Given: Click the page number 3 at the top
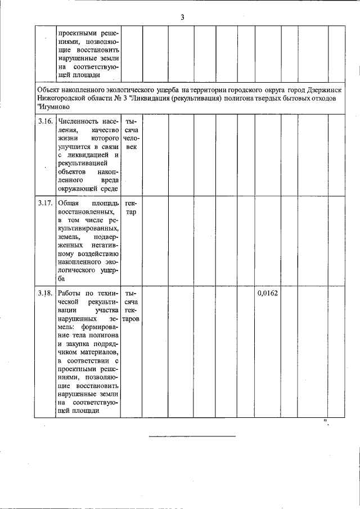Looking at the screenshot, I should (182, 16).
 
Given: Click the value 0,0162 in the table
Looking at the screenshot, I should (268, 293).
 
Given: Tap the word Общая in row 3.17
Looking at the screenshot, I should (69, 203).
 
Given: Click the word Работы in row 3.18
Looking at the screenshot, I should (70, 293).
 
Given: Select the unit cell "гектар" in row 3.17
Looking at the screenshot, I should (130, 208).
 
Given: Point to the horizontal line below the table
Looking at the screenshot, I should (192, 436).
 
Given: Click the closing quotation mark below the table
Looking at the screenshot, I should (325, 422).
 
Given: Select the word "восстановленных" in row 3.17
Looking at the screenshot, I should (84, 211).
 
